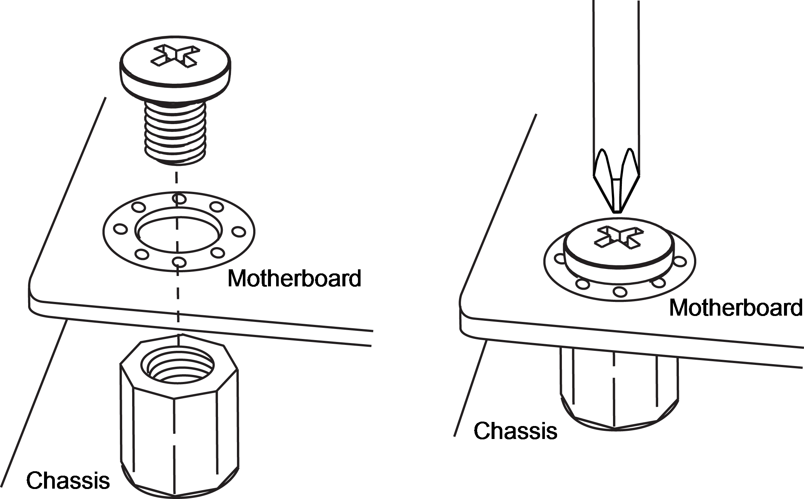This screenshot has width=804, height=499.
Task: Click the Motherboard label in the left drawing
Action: tap(294, 278)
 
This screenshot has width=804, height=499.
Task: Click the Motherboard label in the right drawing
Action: tap(736, 307)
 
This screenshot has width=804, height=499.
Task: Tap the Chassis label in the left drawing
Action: tap(68, 480)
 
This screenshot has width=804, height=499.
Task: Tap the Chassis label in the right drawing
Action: tap(516, 430)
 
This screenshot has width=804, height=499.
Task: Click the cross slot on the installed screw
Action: tap(617, 237)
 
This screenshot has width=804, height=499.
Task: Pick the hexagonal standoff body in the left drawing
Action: tap(180, 415)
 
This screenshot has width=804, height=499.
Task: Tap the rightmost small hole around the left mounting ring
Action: tap(239, 232)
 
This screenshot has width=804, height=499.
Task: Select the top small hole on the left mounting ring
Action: tap(179, 199)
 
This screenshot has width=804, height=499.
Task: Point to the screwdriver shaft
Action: tap(616, 74)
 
